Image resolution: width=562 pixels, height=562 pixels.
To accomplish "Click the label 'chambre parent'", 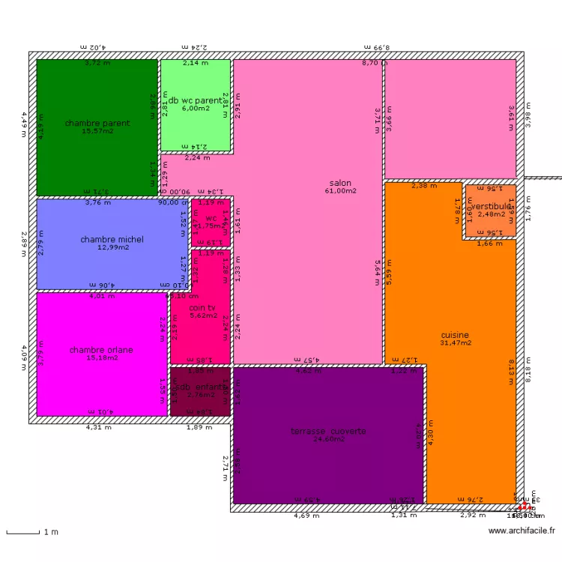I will coord(97,123).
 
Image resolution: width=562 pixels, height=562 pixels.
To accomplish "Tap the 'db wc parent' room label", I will coord(195,100).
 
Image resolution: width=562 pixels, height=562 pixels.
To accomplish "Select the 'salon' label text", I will coord(340,183).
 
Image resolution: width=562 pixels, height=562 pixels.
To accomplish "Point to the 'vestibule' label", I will coord(491,206).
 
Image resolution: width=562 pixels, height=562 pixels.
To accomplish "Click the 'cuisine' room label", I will coord(455,335).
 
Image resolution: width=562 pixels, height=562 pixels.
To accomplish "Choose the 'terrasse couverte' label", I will coord(329,431).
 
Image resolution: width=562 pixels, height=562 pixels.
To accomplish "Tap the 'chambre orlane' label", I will coord(101,350).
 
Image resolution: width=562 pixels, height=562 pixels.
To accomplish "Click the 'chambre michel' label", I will coord(112,240).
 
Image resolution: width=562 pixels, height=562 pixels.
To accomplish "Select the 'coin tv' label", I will coord(202,308).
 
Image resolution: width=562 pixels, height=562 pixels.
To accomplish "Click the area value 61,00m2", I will coord(340,191).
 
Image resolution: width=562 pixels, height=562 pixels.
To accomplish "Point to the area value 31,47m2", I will coord(456,343).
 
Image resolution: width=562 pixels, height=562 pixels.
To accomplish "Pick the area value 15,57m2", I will coord(97,131).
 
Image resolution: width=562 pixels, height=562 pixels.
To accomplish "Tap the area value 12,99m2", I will coord(112,247).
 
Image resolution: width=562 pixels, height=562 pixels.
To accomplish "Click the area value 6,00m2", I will coord(195,109).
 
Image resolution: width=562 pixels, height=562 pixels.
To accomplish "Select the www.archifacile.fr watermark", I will coord(522,531).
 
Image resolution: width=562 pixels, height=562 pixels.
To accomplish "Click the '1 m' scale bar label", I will coord(51,532).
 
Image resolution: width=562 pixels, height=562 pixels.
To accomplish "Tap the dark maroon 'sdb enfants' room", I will coord(200,391).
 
